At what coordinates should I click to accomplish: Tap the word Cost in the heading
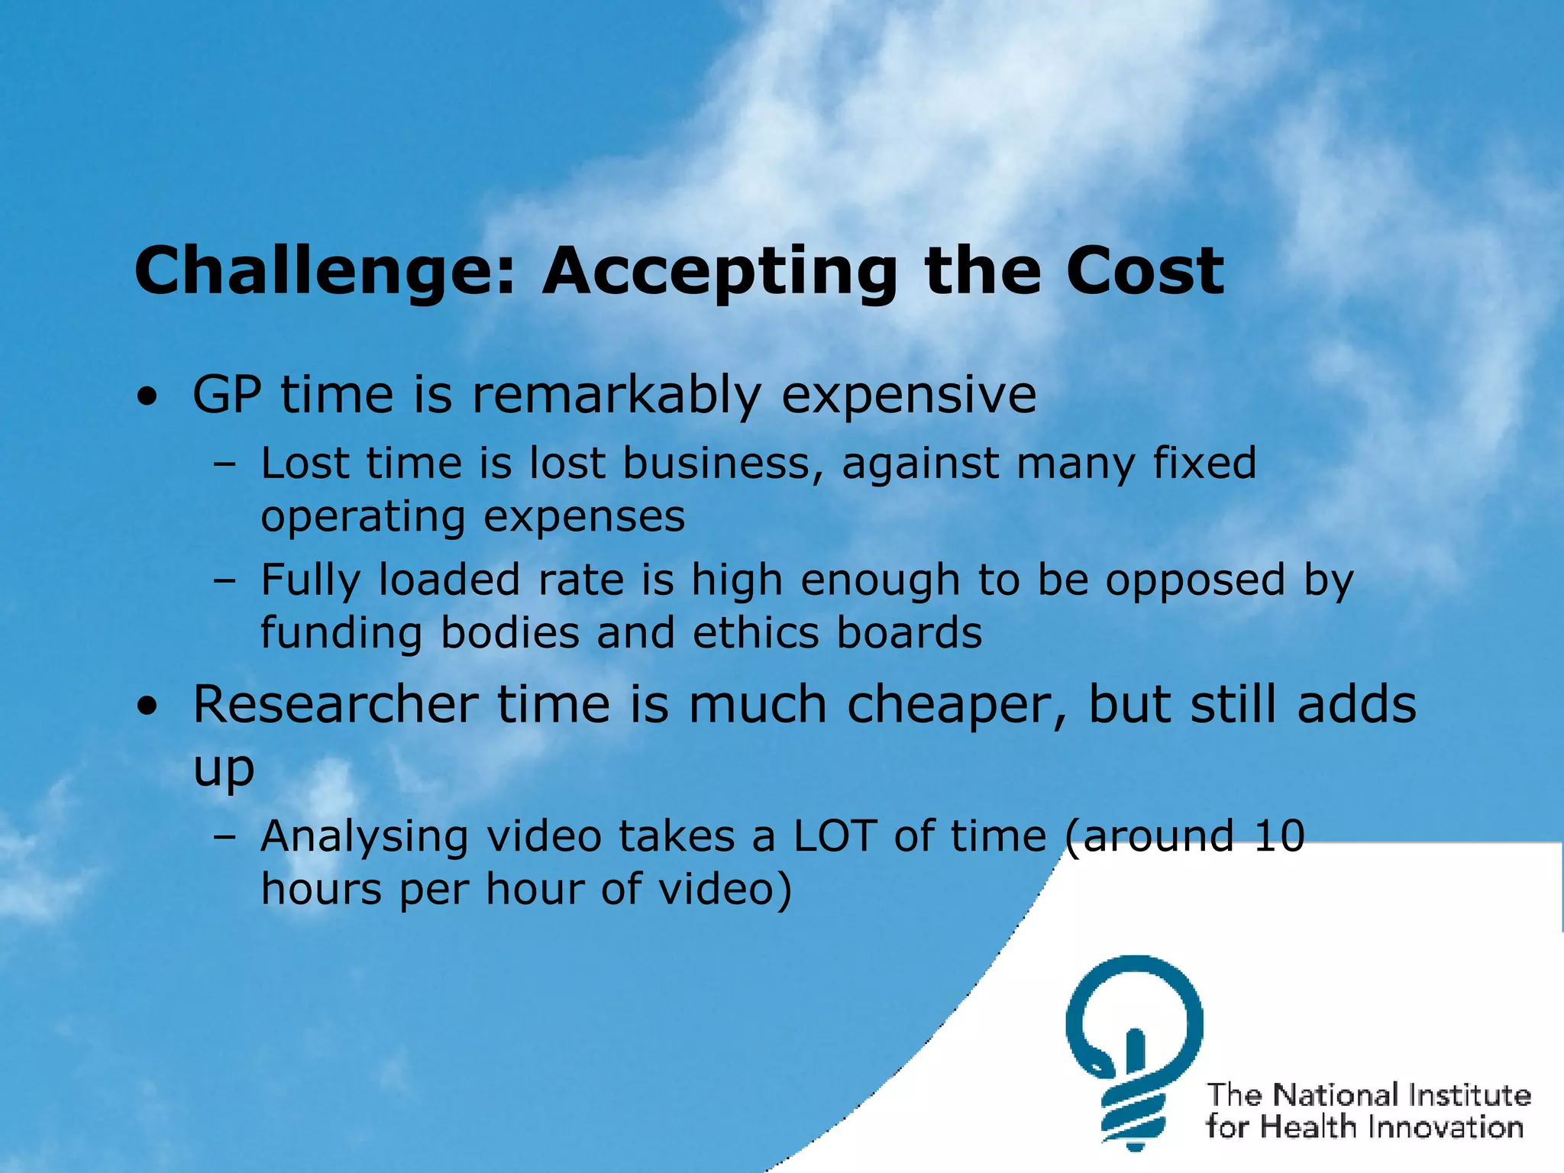1145,272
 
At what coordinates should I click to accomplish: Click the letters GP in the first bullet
227,395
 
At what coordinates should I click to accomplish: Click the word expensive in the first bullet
909,396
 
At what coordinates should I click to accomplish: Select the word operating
363,519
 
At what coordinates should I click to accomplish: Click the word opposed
1195,580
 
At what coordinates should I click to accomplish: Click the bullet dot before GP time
148,398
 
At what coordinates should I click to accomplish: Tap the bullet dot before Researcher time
148,707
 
